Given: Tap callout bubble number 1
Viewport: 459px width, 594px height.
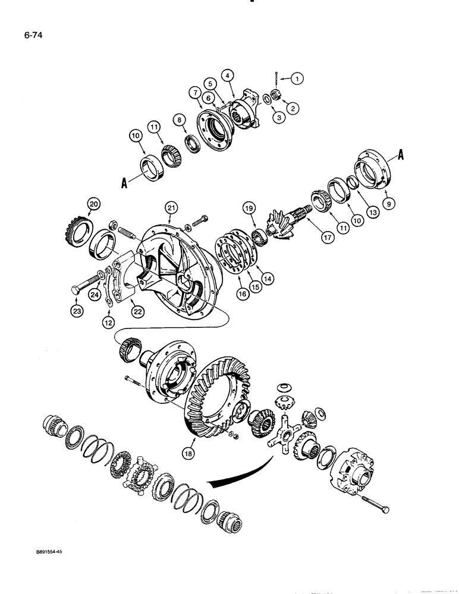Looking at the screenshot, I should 298,77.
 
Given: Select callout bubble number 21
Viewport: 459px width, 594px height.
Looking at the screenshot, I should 171,207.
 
